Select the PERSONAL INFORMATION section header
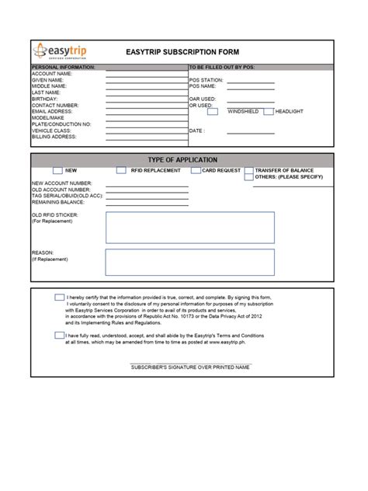click(x=63, y=68)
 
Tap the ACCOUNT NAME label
click(x=52, y=74)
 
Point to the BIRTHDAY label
click(x=44, y=99)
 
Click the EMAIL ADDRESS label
click(x=53, y=112)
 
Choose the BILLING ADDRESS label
click(x=54, y=137)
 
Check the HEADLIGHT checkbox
click(x=269, y=112)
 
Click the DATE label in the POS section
click(x=197, y=131)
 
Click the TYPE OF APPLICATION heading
click(x=182, y=159)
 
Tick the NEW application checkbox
click(x=57, y=170)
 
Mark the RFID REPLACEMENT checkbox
click(x=121, y=170)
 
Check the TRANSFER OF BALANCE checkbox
click(x=248, y=170)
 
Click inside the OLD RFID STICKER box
click(x=189, y=228)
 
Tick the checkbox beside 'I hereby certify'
click(x=60, y=298)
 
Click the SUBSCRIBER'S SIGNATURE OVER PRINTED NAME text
click(x=190, y=367)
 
